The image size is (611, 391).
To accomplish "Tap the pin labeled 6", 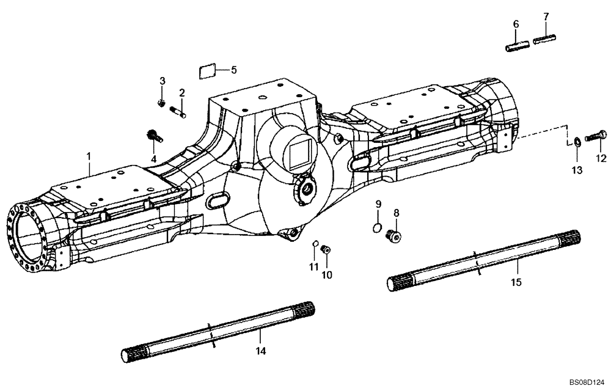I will (518, 46).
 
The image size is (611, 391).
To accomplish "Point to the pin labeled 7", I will (544, 40).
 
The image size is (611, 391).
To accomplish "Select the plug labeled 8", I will (395, 235).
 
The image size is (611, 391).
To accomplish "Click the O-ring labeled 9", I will (378, 228).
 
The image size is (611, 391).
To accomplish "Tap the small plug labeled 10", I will (326, 249).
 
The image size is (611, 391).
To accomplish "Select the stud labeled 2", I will (180, 111).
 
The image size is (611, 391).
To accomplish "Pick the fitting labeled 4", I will (153, 136).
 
